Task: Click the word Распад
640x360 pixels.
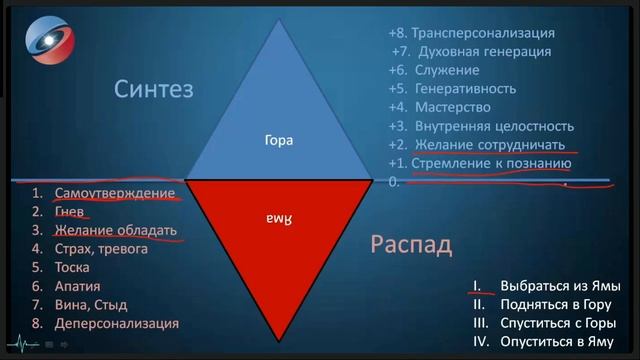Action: pos(411,243)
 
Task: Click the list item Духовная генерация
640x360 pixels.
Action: pos(493,51)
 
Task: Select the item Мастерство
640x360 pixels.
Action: pos(454,107)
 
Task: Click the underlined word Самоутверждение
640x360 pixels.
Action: pos(115,192)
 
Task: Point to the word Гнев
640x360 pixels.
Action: pos(71,211)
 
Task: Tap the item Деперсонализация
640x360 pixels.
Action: pos(117,323)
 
